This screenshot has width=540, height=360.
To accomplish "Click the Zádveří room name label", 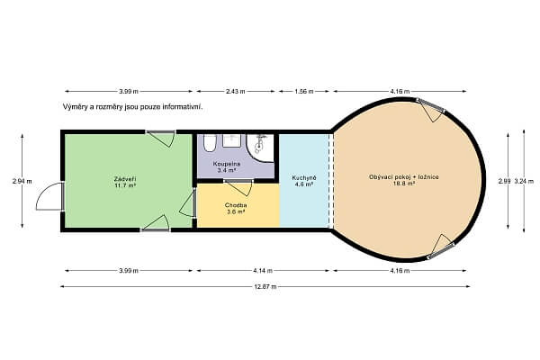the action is [x=125, y=179].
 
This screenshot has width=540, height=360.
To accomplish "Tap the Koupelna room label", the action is [x=227, y=164].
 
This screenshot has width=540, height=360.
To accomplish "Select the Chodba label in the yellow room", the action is [x=236, y=205].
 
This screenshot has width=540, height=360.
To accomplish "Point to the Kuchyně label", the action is [x=304, y=178].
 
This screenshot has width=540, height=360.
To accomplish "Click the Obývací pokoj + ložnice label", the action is [x=403, y=177].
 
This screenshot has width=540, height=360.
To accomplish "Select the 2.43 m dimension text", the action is [x=236, y=91].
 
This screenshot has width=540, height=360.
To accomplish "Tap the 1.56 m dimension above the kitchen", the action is [x=304, y=91].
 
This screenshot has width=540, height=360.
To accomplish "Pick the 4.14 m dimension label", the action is [x=263, y=271].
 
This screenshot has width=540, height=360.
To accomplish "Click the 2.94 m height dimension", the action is [x=22, y=181].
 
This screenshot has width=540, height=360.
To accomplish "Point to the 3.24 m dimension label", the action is [x=524, y=181].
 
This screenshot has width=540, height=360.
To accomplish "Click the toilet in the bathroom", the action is [x=210, y=143].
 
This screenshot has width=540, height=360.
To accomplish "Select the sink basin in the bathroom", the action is [x=232, y=140].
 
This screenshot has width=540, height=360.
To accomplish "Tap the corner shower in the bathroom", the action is [x=260, y=148].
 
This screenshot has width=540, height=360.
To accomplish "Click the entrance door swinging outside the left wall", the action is [x=50, y=196].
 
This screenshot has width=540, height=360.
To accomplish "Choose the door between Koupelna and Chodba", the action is [x=238, y=187].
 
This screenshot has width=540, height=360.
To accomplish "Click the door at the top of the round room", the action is [x=431, y=110].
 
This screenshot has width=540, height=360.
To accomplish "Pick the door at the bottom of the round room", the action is [x=441, y=247].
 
